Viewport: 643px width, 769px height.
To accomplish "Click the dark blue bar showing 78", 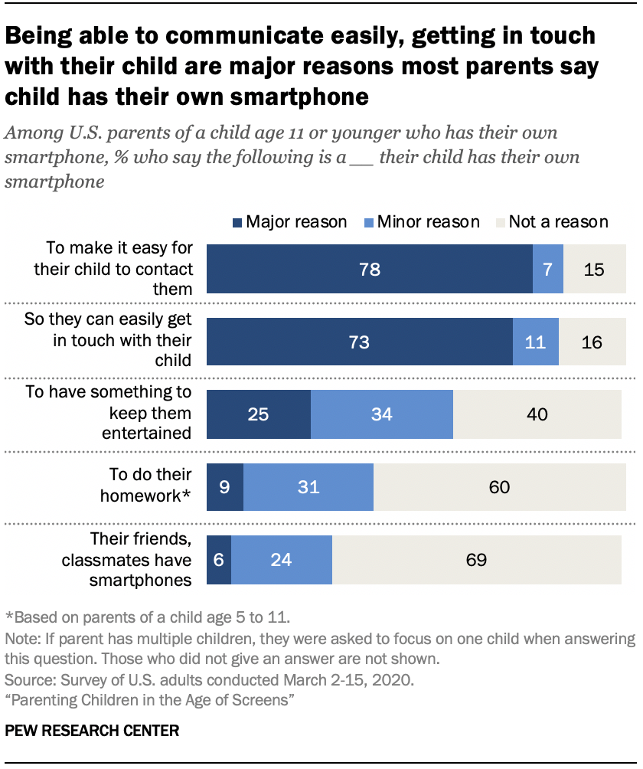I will (x=370, y=270).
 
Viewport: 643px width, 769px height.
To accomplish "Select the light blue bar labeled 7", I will (x=548, y=270).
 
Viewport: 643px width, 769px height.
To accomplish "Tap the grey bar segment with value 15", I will (x=595, y=270).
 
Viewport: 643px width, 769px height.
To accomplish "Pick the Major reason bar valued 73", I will (x=360, y=342).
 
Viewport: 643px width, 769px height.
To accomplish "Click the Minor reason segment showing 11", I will (x=536, y=342).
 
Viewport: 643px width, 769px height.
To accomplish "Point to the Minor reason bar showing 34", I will (x=382, y=414).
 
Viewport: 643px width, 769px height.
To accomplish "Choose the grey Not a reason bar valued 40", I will (x=537, y=414).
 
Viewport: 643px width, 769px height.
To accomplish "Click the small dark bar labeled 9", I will (x=225, y=487).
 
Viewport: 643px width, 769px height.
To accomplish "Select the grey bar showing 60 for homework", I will (x=499, y=487).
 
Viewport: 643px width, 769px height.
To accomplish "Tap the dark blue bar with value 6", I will (x=219, y=560).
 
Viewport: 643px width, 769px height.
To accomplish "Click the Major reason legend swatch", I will (x=237, y=222).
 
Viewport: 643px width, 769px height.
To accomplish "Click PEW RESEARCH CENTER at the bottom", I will (x=92, y=731).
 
